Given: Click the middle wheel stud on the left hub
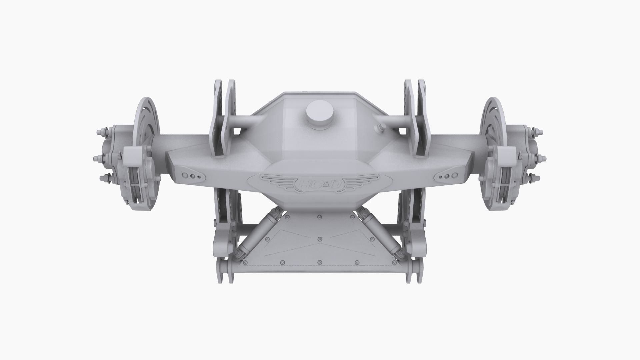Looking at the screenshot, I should (98, 158).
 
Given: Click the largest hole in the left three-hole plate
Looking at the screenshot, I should (185, 175).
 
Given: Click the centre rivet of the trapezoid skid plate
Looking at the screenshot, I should (320, 239).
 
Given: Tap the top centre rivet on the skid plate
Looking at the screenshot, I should (320, 217).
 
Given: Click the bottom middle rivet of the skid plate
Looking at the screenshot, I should (320, 262).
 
